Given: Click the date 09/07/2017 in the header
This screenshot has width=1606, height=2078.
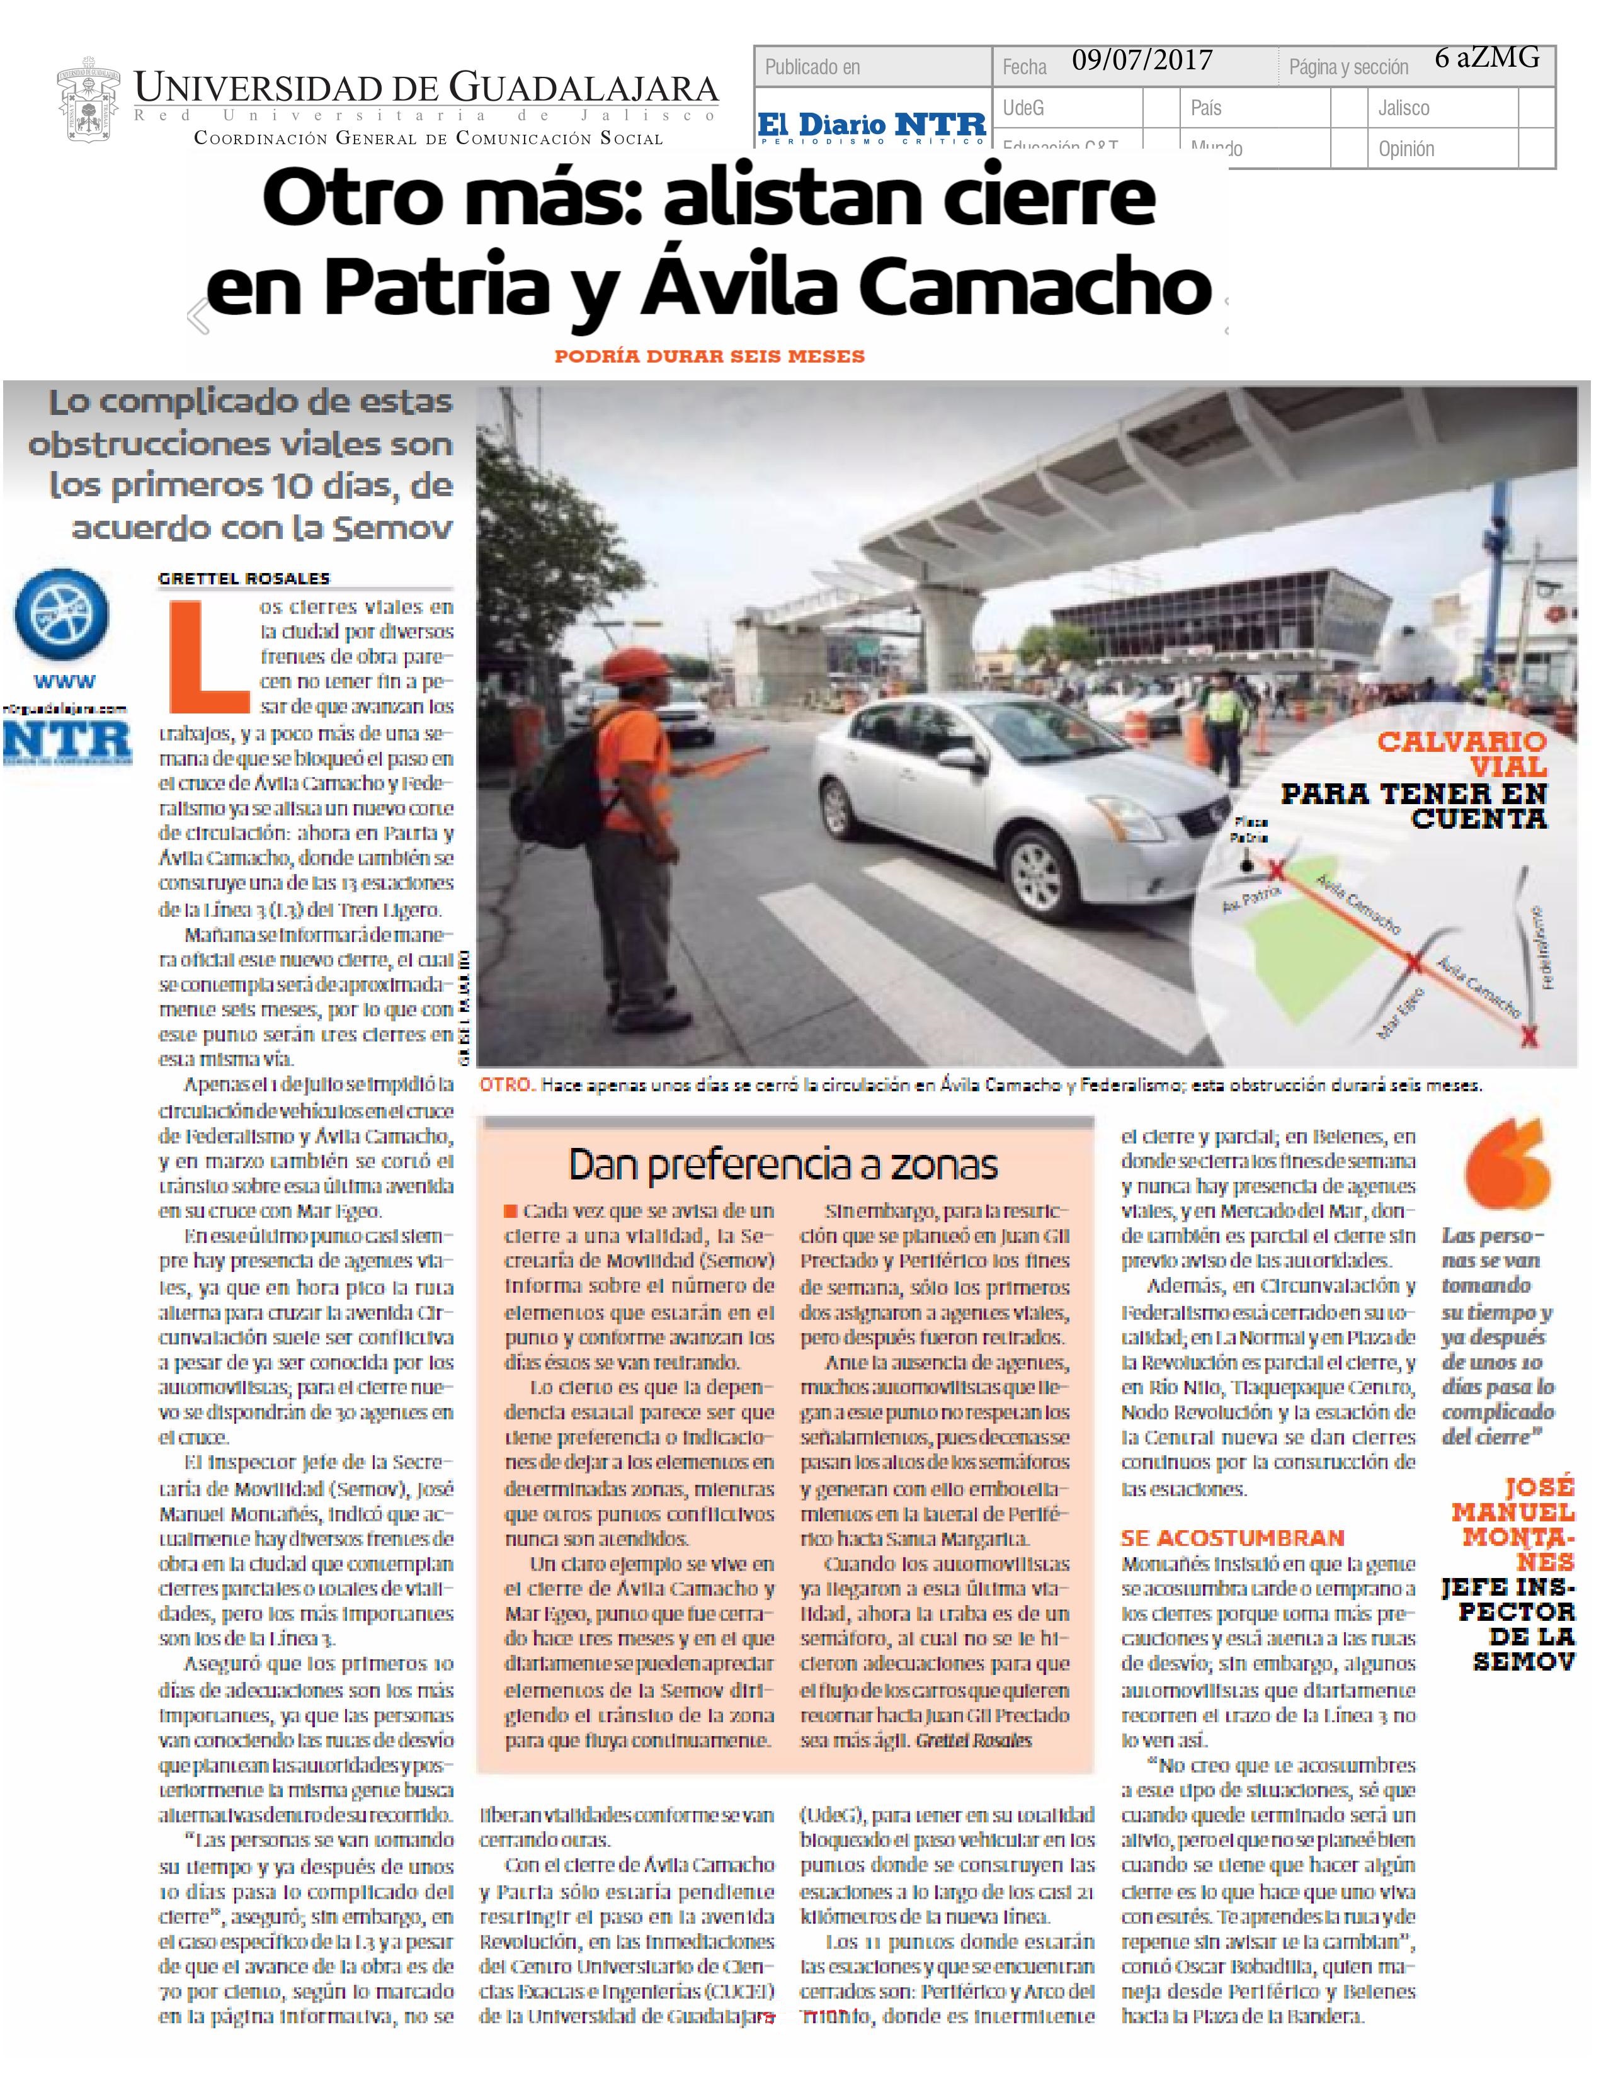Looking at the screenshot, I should click(1142, 62).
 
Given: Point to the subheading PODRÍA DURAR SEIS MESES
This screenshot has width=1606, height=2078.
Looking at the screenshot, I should click(710, 357).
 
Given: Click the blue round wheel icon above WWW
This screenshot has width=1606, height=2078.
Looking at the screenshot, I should click(61, 616).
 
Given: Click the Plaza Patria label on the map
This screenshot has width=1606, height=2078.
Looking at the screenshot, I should click(1248, 830).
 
